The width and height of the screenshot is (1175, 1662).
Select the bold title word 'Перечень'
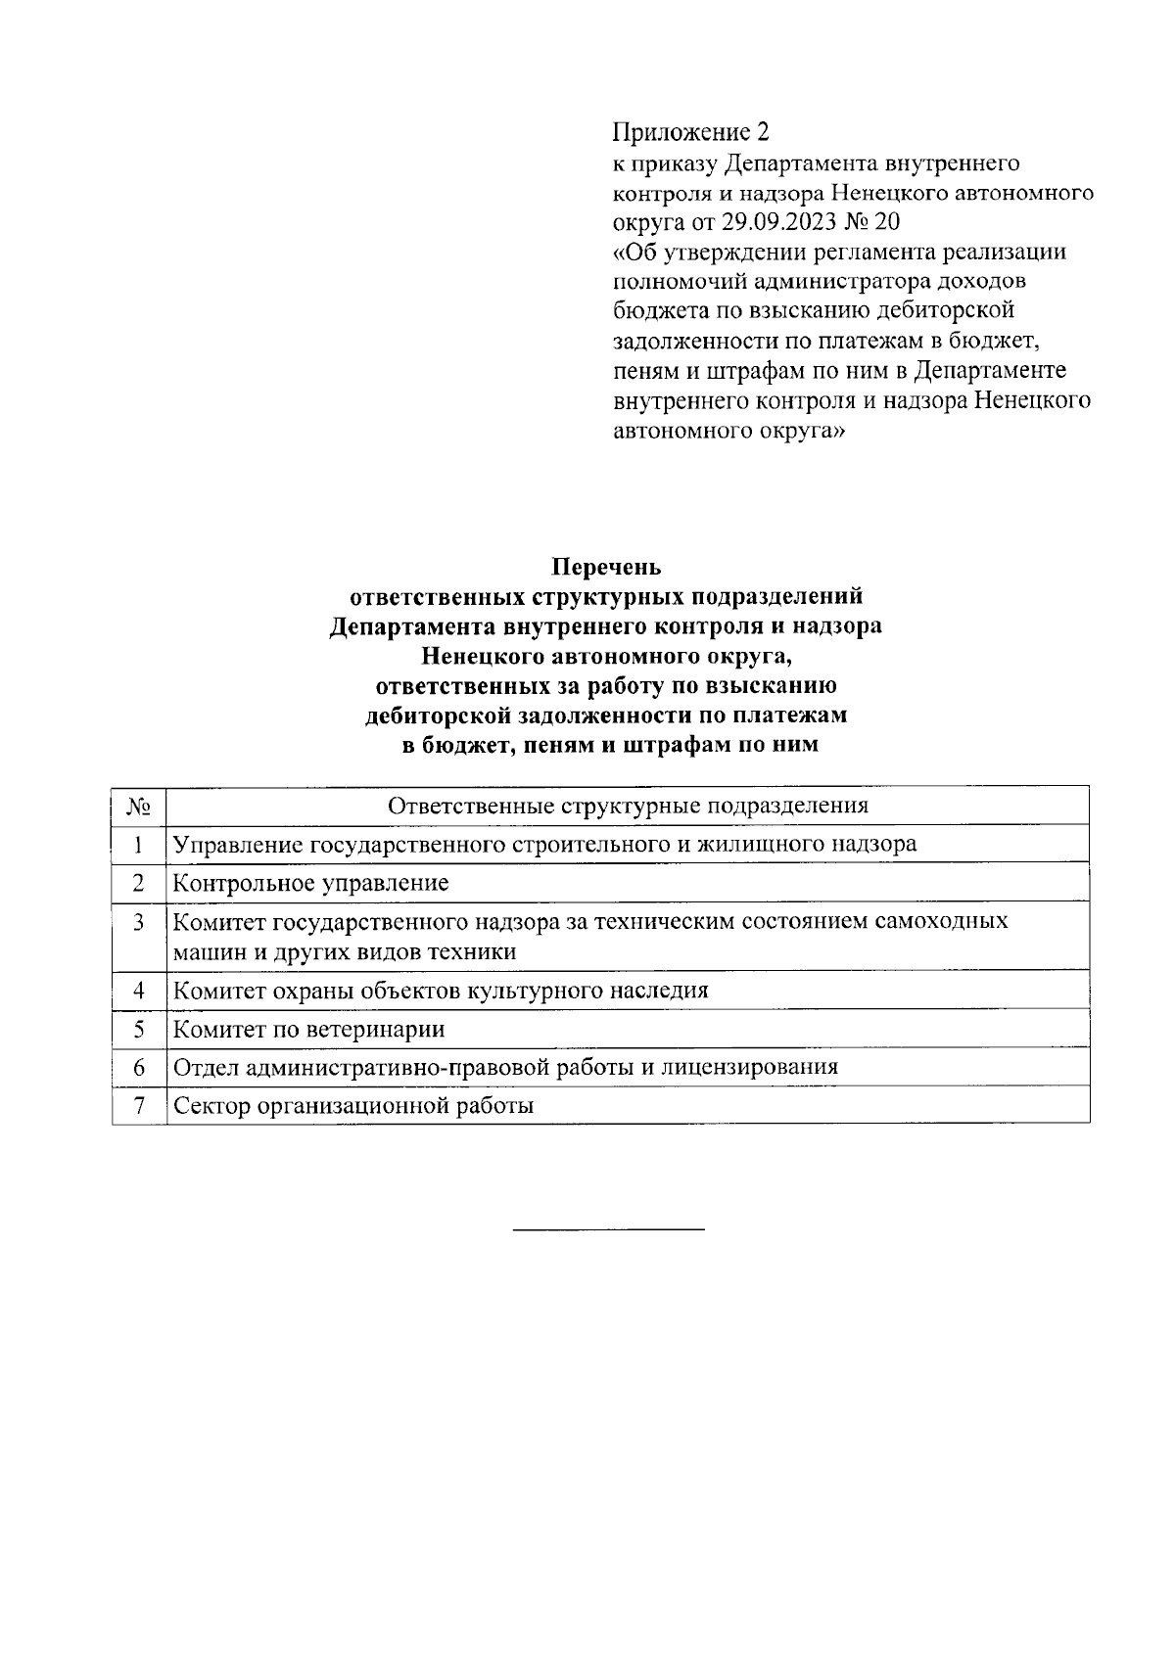pyautogui.click(x=606, y=567)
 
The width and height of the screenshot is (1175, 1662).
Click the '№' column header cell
pyautogui.click(x=138, y=806)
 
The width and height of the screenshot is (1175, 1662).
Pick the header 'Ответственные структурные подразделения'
pyautogui.click(x=628, y=806)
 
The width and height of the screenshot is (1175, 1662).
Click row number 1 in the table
pyautogui.click(x=138, y=844)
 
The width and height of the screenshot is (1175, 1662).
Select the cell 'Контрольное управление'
pyautogui.click(x=310, y=883)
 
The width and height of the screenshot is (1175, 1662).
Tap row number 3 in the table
pyautogui.click(x=138, y=922)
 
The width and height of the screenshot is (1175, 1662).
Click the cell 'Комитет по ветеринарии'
pyautogui.click(x=308, y=1029)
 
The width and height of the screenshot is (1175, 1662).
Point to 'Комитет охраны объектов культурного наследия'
pyautogui.click(x=440, y=990)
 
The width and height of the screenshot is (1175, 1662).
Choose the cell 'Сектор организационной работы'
pyautogui.click(x=352, y=1106)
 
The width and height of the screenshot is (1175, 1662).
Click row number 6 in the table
pyautogui.click(x=138, y=1067)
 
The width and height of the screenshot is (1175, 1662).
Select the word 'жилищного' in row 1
pyautogui.click(x=765, y=844)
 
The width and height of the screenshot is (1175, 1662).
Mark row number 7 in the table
pyautogui.click(x=138, y=1106)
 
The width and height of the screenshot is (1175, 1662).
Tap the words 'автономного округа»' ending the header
pyautogui.click(x=728, y=431)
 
